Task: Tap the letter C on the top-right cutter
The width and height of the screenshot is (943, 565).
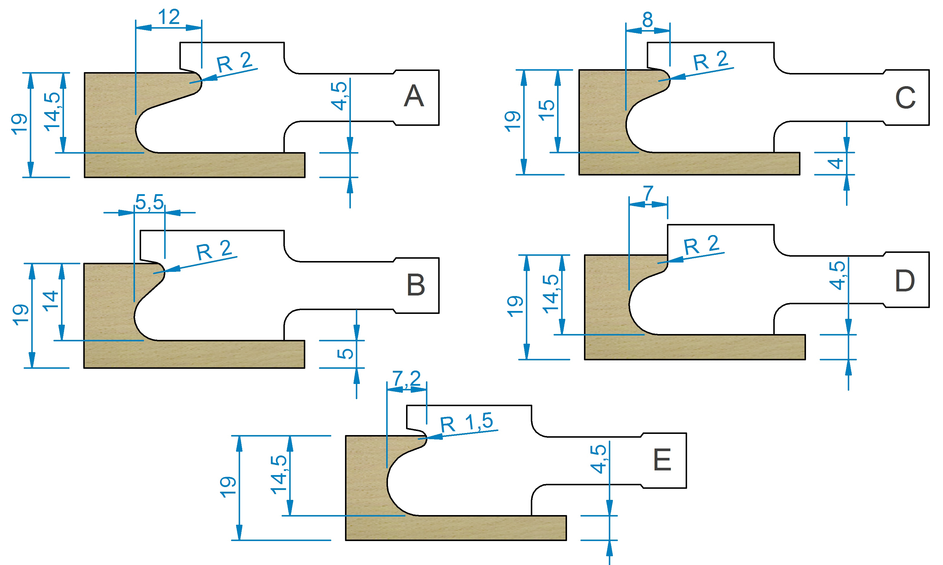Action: coord(905,98)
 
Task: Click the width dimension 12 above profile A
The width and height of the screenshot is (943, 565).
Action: coord(169,17)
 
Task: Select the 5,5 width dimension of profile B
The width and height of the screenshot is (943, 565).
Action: coord(149,202)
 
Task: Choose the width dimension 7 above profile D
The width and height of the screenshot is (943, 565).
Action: coord(648,193)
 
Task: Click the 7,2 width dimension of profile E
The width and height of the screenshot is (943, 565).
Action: coord(406,379)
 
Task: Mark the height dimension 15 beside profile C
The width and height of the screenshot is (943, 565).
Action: coord(547,110)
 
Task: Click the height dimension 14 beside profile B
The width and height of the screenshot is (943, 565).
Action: coord(51,301)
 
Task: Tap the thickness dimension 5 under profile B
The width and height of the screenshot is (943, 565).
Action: coord(345,354)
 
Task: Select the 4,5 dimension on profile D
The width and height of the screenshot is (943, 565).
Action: coord(837,275)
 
